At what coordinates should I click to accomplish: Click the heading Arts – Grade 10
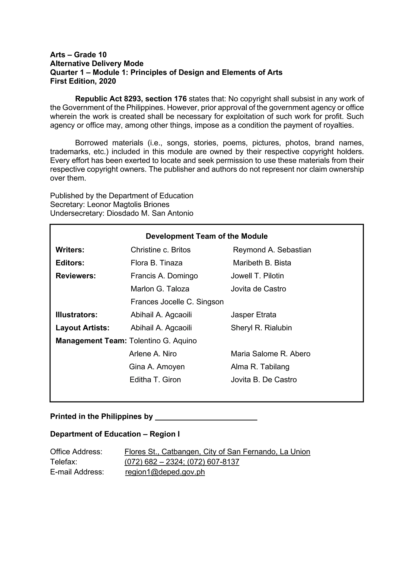pos(78,55)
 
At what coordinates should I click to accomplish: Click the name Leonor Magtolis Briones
pos(128,204)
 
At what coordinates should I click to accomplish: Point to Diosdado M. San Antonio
pos(150,213)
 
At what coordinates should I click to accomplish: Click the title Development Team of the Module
pos(206,236)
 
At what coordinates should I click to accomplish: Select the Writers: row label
pos(70,250)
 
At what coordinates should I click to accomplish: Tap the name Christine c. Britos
pos(160,250)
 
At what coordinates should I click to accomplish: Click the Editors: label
pos(70,263)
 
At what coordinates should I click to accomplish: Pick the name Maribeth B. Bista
pos(262,263)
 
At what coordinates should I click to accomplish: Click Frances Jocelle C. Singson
pos(177,302)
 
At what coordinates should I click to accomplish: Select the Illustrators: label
pos(76,315)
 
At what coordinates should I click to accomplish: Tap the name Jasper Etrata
pos(253,315)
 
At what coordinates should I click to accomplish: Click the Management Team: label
pos(91,341)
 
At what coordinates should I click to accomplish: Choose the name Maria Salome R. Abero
pos(270,354)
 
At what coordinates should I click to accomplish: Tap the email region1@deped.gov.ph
pos(165,472)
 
